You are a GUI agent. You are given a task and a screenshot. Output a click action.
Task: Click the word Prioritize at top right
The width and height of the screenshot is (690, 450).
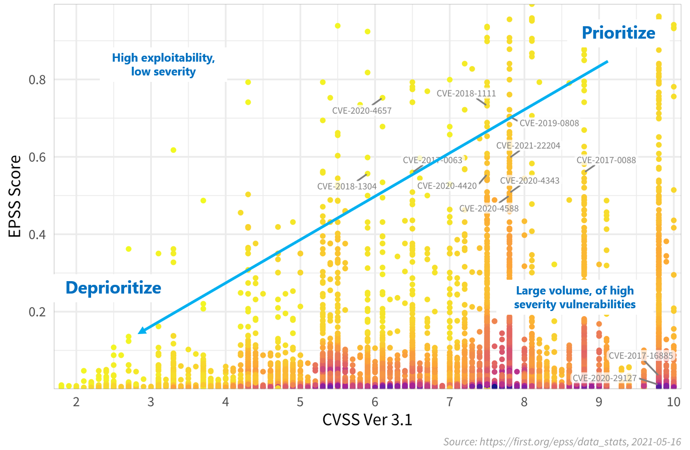click(618, 33)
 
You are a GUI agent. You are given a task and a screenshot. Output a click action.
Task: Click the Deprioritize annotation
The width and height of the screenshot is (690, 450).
click(113, 288)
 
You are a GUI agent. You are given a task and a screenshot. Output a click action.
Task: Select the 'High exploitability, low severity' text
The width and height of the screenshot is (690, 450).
click(163, 65)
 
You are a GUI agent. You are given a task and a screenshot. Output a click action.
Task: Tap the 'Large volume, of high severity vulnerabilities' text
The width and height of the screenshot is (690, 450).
click(575, 298)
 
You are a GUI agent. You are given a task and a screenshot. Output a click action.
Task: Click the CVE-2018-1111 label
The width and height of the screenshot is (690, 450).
click(466, 93)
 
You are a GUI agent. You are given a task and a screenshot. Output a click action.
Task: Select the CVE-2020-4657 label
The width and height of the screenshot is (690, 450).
click(362, 111)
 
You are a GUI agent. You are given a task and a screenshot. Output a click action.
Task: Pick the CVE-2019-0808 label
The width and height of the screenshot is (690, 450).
click(549, 123)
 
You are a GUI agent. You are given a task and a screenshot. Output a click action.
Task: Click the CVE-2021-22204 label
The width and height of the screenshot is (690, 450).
click(528, 146)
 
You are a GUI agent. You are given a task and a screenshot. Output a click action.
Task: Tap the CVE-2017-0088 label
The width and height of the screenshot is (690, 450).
click(606, 161)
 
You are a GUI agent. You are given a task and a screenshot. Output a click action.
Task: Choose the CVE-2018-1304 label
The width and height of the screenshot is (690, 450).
click(347, 187)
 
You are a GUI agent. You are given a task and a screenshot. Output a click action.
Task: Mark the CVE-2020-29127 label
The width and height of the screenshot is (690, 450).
click(604, 378)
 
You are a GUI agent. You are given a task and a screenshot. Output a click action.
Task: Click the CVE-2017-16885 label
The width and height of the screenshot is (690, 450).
click(640, 356)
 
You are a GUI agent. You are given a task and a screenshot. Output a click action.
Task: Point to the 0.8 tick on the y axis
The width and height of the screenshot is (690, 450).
click(37, 80)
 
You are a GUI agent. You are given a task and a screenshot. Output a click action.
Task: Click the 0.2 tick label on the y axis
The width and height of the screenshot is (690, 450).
click(37, 312)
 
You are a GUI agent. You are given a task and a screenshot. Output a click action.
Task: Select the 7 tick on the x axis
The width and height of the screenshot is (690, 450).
click(449, 402)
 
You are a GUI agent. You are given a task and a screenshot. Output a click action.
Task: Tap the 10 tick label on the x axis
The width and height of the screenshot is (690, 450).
click(673, 402)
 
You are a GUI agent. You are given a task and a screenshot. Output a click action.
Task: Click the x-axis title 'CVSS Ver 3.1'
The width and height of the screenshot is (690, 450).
click(367, 420)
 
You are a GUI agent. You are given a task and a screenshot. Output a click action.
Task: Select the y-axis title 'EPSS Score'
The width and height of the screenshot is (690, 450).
click(15, 196)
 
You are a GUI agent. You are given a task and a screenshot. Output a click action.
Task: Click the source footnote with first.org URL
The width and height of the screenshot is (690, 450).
click(562, 442)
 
